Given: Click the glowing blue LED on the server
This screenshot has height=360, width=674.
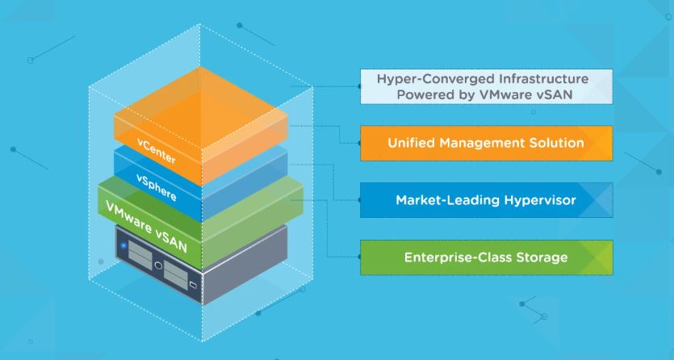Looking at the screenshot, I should point(123,244).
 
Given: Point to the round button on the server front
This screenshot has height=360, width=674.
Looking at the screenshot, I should point(160,263).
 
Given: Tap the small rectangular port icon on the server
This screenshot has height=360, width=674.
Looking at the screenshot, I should point(193,284).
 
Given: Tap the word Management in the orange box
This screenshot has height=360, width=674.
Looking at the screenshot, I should point(482,143).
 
